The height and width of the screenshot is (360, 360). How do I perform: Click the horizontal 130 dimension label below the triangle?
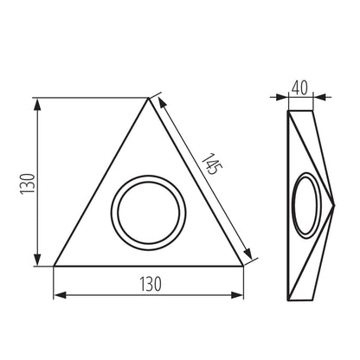coord(149,283)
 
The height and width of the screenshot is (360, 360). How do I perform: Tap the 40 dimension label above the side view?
coord(300,87)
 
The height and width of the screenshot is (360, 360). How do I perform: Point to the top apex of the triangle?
coord(149,98)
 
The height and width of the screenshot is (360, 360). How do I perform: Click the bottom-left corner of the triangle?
coord(54,265)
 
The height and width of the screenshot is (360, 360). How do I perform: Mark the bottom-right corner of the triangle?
coord(243,265)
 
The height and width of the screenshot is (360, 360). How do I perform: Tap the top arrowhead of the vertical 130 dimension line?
coord(38,102)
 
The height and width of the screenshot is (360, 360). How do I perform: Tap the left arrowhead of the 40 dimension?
coord(287,97)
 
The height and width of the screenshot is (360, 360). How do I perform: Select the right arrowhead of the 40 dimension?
coord(312,97)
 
